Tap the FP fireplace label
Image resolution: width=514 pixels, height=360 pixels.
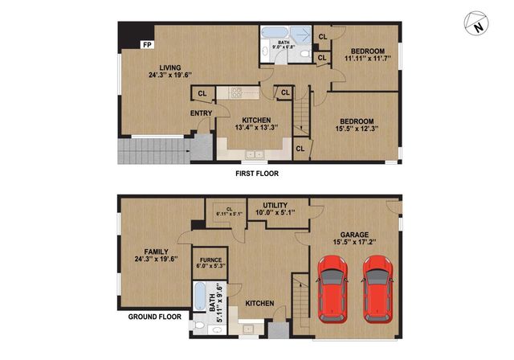[147, 45]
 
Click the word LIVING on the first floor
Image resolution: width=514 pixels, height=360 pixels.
[169, 67]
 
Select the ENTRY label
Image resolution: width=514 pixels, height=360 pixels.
[201, 113]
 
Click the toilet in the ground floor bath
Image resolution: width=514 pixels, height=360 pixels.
[198, 325]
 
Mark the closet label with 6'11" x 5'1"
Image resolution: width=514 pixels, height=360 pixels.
[228, 213]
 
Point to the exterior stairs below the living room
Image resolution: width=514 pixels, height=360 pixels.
[153, 151]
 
